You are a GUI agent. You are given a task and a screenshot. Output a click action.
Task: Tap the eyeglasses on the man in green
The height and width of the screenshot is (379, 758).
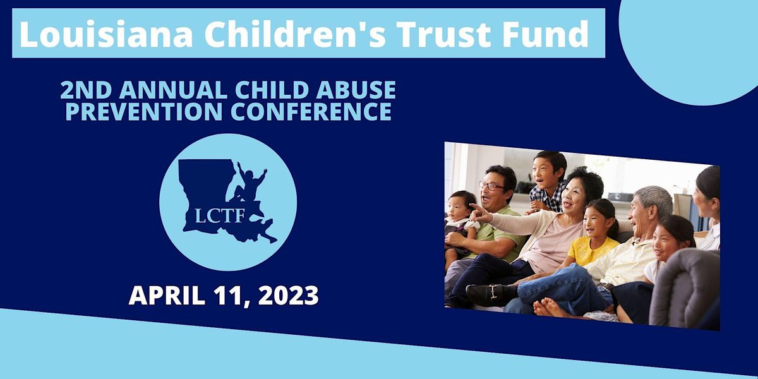493,186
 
